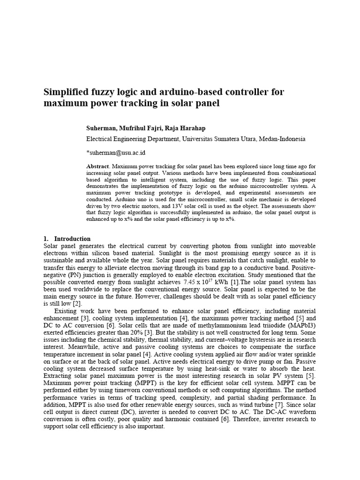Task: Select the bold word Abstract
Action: coord(97,166)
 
